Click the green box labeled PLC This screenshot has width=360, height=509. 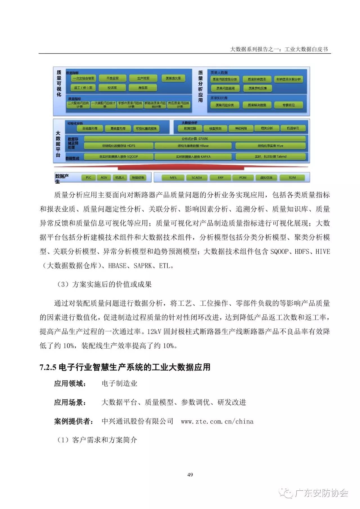point(89,178)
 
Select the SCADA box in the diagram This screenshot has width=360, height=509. point(197,178)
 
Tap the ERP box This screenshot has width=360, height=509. point(220,178)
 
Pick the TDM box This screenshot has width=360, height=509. point(292,178)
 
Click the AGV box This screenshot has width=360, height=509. point(104,178)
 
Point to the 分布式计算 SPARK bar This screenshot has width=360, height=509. point(195,139)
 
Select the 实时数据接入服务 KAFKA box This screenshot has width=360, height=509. point(193,157)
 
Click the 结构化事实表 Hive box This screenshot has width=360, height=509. point(270,146)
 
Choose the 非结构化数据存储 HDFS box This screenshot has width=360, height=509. point(118,146)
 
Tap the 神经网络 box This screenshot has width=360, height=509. point(241,129)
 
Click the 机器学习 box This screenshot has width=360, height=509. point(293,129)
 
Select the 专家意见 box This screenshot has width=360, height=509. point(289,105)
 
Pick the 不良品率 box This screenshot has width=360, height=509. point(112,78)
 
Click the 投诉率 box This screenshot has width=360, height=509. point(112,88)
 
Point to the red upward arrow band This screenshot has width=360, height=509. point(181,168)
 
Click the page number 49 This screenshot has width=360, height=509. point(190,475)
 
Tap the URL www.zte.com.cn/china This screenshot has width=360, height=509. point(217,421)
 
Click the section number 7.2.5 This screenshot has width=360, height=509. point(48,367)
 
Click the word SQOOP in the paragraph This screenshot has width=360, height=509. point(280,251)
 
